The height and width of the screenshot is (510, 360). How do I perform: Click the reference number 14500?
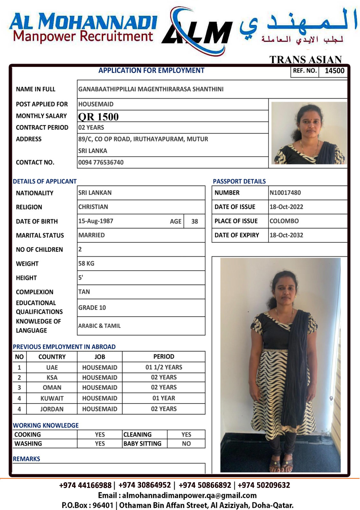click(x=334, y=71)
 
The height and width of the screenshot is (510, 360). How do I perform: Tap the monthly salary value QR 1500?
click(x=98, y=117)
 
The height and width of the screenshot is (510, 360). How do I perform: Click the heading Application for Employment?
click(x=151, y=70)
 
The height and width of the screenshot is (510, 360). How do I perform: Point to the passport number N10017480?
click(x=285, y=193)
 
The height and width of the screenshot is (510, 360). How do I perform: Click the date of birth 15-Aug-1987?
click(x=96, y=221)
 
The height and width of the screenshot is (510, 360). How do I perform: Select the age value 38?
click(x=194, y=221)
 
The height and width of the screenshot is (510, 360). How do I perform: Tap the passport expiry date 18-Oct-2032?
click(x=286, y=235)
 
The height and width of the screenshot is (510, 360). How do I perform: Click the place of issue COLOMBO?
click(x=284, y=221)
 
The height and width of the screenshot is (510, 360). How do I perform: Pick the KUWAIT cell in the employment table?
click(x=52, y=398)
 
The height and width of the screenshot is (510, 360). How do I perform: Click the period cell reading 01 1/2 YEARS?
click(x=164, y=367)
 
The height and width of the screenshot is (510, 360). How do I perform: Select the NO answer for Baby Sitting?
click(x=186, y=444)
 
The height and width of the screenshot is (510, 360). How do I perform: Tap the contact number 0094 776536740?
click(x=101, y=162)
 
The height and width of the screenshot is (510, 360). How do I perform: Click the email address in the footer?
click(x=189, y=495)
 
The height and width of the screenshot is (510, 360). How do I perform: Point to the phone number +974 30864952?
click(x=145, y=485)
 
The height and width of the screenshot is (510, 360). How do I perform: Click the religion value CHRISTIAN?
click(x=93, y=207)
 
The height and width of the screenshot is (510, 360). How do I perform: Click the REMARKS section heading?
click(x=26, y=459)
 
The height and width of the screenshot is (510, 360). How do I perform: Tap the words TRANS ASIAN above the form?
click(x=305, y=60)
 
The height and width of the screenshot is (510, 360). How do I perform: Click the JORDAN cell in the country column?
click(x=52, y=409)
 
